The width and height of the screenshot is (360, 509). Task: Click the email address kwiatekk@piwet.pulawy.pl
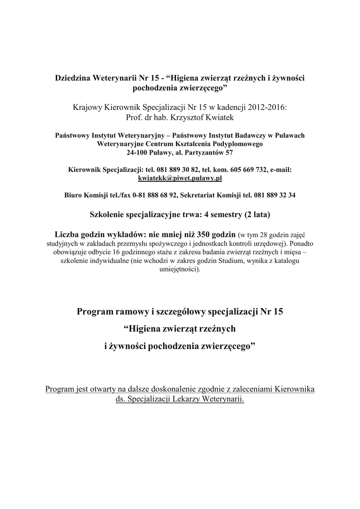tap(180, 177)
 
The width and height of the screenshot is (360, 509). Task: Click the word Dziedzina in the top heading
tap(74, 80)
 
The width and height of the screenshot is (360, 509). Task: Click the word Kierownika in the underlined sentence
tap(295, 389)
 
